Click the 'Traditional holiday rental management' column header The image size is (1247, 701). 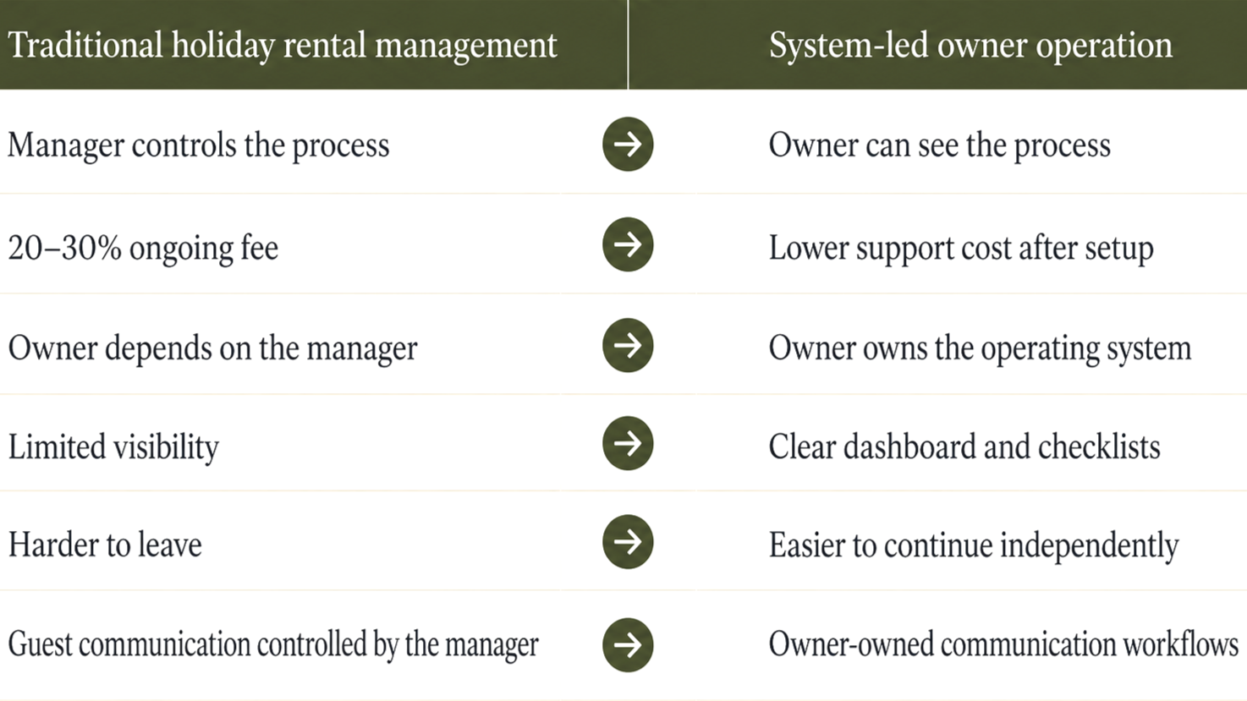click(283, 45)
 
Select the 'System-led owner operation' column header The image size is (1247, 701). click(970, 45)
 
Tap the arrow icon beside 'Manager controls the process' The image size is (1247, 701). click(628, 145)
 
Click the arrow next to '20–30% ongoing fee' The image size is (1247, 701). click(628, 245)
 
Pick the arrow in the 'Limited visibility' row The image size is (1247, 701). click(628, 443)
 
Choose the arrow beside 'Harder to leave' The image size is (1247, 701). click(628, 542)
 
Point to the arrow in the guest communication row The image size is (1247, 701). click(628, 645)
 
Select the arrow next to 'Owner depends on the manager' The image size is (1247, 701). click(628, 345)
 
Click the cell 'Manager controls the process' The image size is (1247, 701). click(199, 145)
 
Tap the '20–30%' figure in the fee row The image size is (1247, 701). click(64, 248)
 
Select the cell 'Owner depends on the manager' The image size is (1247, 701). click(212, 348)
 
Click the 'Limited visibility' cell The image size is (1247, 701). click(113, 446)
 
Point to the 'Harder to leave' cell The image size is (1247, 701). click(105, 545)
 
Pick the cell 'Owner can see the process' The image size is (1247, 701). click(939, 145)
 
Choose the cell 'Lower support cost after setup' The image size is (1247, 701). click(960, 248)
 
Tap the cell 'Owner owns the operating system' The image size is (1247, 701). click(979, 348)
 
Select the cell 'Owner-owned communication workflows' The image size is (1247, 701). click(1003, 644)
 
